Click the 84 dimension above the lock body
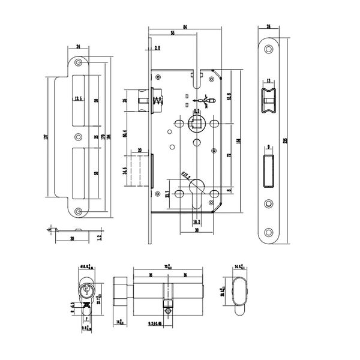185,27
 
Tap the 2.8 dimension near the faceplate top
157,47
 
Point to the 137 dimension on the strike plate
47,137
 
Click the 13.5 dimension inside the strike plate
78,100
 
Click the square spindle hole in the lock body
196,122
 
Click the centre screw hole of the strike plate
79,137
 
